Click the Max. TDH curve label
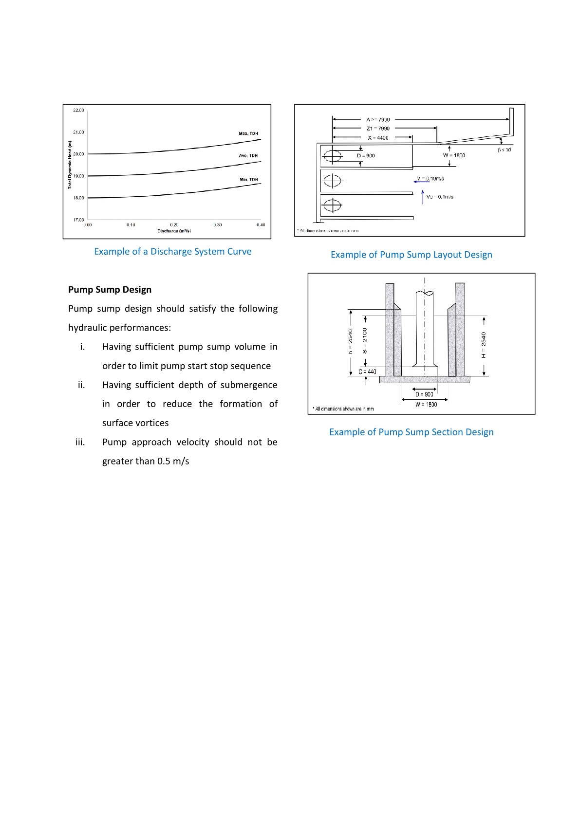coord(248,133)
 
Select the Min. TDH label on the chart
coord(248,180)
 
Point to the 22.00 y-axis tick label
coord(78,110)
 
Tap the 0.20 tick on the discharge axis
coord(174,225)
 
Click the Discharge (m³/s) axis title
coord(174,231)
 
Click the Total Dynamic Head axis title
coord(70,165)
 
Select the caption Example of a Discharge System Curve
coord(173,252)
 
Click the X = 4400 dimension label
coord(378,138)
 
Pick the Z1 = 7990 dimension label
coord(378,129)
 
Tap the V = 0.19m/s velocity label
coord(430,179)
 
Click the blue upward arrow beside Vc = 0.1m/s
coord(423,197)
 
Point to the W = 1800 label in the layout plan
coord(454,155)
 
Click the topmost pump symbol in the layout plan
coord(333,156)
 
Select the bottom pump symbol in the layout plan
coord(333,206)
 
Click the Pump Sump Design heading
coord(110,290)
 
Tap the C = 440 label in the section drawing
coord(367,372)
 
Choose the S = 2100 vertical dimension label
coord(365,340)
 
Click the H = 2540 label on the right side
coord(484,345)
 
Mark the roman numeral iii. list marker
coord(80,442)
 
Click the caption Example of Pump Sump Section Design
coord(412,432)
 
